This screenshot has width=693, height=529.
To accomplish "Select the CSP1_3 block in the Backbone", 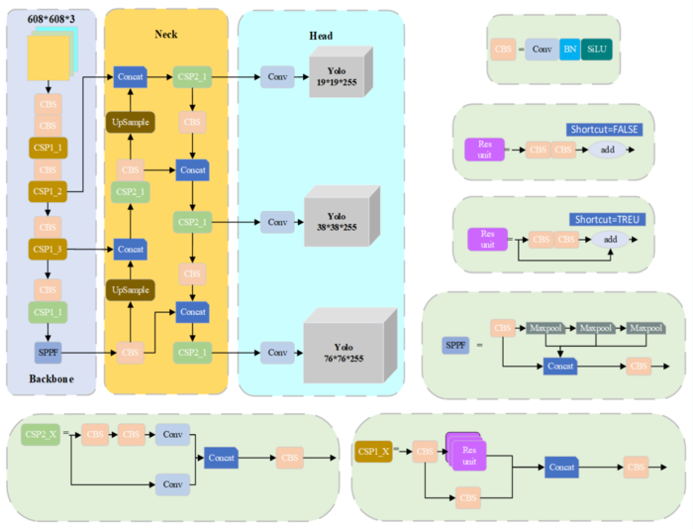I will point(47,249).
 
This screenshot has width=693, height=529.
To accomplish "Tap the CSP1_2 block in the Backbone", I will point(47,190).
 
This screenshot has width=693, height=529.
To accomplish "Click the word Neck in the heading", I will point(166,35).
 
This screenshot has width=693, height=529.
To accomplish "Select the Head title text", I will point(320,37).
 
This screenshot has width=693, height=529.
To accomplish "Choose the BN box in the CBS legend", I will point(569,48).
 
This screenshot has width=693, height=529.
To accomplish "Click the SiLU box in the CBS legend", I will point(596,48).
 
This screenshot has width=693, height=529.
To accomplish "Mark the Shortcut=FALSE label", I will point(604,129).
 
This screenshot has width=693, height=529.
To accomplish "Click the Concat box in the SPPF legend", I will point(561,366).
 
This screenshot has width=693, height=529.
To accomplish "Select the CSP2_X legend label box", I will point(40,434).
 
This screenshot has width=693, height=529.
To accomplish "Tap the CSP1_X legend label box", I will point(373,453).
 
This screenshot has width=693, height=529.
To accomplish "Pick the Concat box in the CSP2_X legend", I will point(223,458).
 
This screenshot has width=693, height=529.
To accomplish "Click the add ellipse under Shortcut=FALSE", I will point(606,150).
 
